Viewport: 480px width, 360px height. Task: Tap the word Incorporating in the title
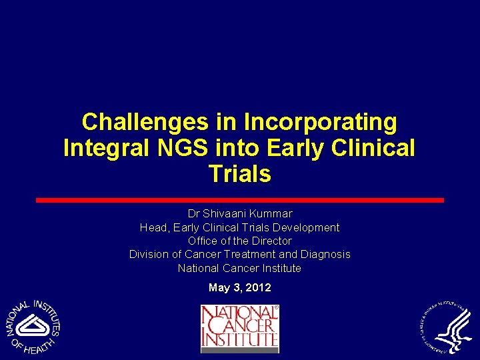321,122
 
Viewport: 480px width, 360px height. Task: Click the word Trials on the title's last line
239,174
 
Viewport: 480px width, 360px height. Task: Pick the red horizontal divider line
239,200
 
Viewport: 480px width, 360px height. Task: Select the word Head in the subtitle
153,227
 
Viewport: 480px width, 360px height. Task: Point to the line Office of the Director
239,241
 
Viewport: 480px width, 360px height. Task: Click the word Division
149,254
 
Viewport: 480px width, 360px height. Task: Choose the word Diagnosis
325,254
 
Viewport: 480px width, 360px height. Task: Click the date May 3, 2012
239,287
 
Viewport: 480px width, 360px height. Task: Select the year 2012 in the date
259,287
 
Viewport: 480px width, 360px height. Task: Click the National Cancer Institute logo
239,328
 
